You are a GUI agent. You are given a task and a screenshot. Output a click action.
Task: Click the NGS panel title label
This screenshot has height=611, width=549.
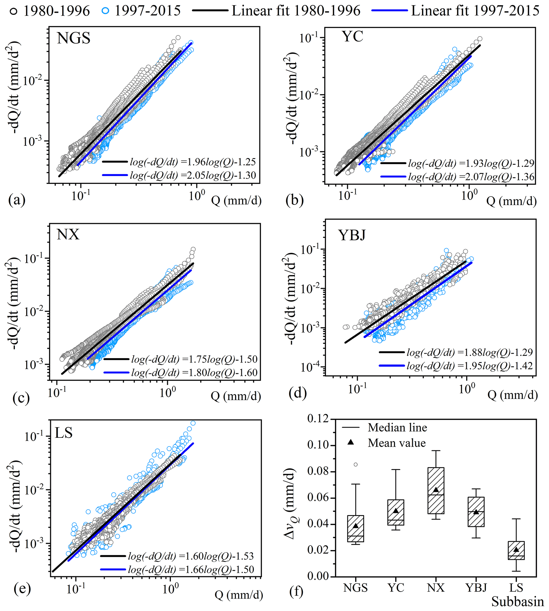pos(74,39)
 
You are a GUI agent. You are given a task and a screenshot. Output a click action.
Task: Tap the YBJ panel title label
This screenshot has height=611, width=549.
pos(352,235)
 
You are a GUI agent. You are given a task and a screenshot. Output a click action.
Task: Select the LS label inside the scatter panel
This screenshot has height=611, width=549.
pos(64,433)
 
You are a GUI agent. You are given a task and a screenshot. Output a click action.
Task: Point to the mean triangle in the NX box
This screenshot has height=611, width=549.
pos(436,489)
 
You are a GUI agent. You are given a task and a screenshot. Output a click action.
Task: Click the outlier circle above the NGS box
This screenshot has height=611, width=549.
pos(356,465)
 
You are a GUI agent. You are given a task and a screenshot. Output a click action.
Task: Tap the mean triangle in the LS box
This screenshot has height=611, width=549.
pos(516,549)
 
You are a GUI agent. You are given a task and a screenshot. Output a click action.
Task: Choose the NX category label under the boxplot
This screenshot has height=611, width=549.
pos(436,588)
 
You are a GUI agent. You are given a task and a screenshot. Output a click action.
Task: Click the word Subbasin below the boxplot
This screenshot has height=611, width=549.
pos(518,602)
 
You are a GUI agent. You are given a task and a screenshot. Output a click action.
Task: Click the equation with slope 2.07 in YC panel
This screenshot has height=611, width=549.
pos(471,177)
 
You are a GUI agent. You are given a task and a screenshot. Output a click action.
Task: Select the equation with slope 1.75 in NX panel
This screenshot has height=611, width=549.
pos(194,359)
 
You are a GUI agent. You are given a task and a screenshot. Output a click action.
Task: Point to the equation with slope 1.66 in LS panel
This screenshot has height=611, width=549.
pos(191,569)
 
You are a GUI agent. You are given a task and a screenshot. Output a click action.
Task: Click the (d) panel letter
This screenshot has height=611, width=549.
pos(297,393)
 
